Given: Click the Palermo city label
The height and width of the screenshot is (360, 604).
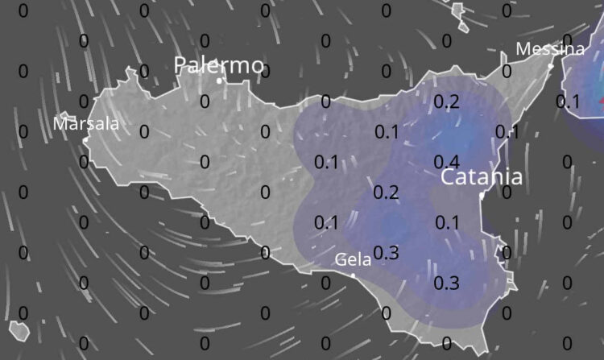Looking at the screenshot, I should [x=219, y=64].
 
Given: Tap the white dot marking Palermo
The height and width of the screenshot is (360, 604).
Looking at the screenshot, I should [x=220, y=80].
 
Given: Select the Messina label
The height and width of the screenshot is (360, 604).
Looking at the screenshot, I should [x=550, y=49].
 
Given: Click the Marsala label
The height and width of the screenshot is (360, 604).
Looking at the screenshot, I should [x=86, y=124].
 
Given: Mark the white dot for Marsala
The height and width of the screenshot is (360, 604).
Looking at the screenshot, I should [x=85, y=139].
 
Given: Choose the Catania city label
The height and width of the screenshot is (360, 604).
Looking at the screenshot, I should [x=482, y=177].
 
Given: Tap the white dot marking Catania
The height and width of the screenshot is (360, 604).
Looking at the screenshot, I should [x=482, y=195].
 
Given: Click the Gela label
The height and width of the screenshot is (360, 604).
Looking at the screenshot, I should [x=353, y=259].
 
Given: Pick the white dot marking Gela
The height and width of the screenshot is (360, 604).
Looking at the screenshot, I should [x=353, y=275].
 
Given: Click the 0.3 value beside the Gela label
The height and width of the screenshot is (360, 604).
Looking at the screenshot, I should [x=387, y=253].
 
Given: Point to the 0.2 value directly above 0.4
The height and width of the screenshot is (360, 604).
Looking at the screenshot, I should [x=446, y=101].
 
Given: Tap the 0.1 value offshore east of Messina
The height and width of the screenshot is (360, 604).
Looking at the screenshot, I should [x=568, y=101].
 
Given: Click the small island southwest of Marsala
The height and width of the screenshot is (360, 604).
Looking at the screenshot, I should [x=19, y=330].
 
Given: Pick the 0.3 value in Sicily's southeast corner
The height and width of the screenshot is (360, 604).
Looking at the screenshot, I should [x=446, y=283].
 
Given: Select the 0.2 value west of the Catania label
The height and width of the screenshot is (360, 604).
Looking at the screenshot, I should [x=387, y=192].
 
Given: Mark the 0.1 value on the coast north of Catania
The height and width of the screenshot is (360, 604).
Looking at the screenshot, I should [x=507, y=132].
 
